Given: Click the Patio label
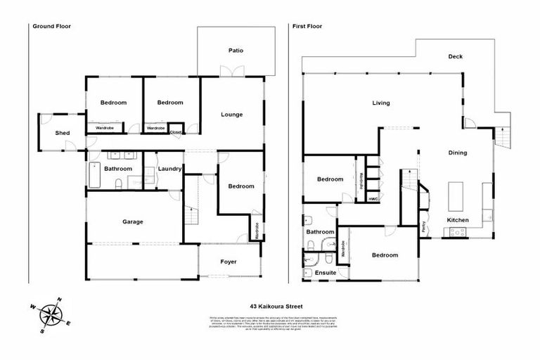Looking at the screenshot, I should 236,50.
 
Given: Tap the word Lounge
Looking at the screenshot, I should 232,115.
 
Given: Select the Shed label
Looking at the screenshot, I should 63,133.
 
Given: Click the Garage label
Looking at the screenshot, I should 133,221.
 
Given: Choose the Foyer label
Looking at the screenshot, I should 229,262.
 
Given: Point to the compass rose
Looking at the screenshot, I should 50,313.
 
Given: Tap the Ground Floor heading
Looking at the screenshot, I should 51,27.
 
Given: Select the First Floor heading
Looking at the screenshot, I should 309,27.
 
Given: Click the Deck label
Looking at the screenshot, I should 456,57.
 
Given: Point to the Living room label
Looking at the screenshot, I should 381,103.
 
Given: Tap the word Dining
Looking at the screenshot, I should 458,153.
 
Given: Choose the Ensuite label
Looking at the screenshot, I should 325,273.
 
